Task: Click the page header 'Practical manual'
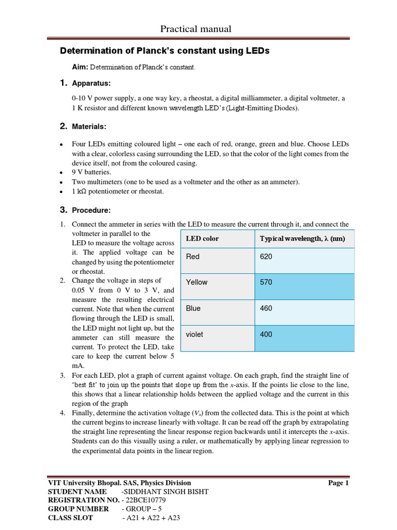click(x=198, y=29)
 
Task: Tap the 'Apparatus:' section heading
click(x=91, y=83)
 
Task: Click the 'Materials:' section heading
click(x=89, y=126)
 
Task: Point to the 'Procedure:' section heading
click(x=91, y=210)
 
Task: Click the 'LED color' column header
click(x=202, y=239)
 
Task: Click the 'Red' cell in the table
click(x=193, y=257)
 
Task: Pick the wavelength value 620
click(x=266, y=257)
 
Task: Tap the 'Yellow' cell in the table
click(x=196, y=282)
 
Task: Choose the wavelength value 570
click(x=266, y=282)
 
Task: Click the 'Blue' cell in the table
click(x=193, y=308)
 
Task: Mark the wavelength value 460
click(x=266, y=308)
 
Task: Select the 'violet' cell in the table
click(x=194, y=334)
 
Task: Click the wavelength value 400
click(x=266, y=334)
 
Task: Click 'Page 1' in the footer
click(x=339, y=483)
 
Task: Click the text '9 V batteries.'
click(x=91, y=172)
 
